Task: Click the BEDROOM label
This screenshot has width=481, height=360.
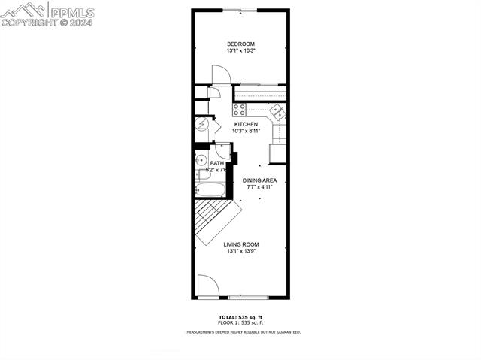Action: tap(241, 44)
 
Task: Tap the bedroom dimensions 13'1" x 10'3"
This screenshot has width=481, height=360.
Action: tap(241, 51)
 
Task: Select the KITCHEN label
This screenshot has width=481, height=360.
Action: tap(246, 124)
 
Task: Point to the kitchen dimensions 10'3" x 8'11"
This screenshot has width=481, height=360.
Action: tap(246, 131)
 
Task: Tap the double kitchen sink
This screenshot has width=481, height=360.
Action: tap(278, 113)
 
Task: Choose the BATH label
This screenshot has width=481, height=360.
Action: tap(216, 163)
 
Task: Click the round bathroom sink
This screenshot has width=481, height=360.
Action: tap(201, 159)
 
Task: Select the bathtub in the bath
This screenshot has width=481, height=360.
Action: tap(211, 190)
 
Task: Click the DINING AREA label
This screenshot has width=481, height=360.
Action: tap(259, 180)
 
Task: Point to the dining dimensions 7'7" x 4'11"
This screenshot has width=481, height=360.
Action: tap(259, 187)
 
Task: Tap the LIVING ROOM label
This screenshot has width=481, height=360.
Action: tap(241, 244)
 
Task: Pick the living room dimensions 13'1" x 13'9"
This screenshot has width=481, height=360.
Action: tap(241, 251)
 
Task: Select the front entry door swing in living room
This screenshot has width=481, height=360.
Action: tap(208, 286)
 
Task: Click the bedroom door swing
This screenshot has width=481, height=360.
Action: tap(220, 75)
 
